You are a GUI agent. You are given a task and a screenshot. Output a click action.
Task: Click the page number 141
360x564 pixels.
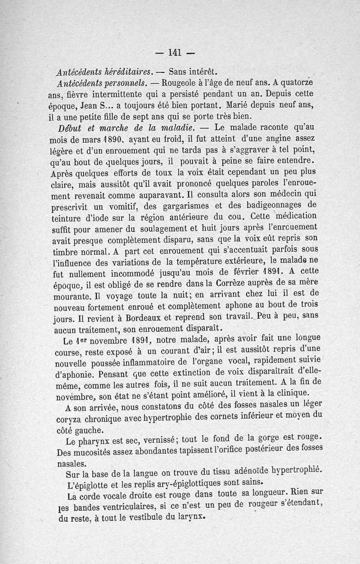[x=174, y=52]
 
